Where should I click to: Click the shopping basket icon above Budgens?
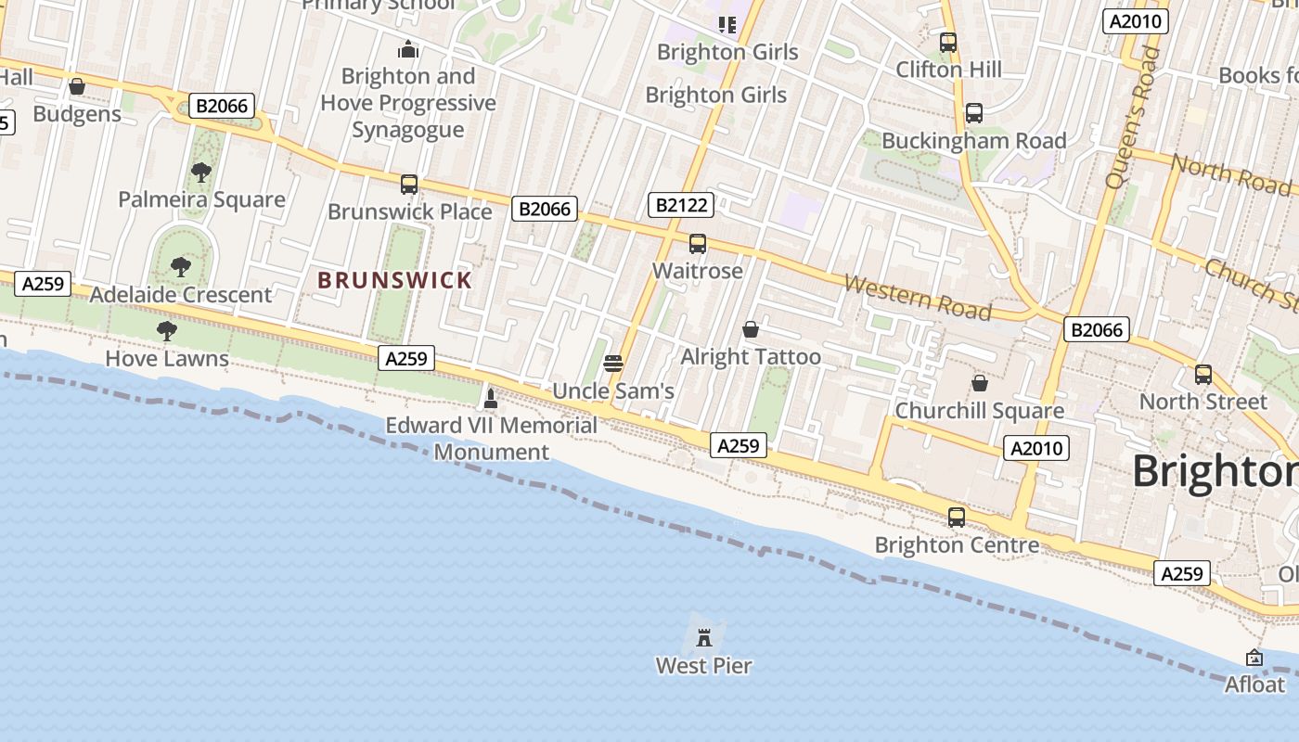click(x=77, y=86)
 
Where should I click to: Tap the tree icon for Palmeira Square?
click(x=200, y=172)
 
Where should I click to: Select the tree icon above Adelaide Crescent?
click(x=181, y=267)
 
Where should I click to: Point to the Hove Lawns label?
click(x=167, y=359)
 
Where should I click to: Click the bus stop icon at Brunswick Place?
click(x=409, y=184)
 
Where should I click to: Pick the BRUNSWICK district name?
click(x=395, y=280)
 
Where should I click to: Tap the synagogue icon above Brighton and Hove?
click(x=408, y=49)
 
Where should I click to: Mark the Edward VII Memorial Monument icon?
click(x=491, y=399)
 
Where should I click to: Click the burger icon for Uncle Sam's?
click(x=612, y=364)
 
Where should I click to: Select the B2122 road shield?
click(x=681, y=205)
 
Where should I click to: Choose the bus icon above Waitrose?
click(x=698, y=244)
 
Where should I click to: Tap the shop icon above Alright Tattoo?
click(x=751, y=329)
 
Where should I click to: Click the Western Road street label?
click(x=917, y=297)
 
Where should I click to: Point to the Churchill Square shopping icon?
click(x=979, y=383)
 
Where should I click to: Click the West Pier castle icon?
click(x=704, y=637)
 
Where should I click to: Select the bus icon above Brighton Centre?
click(x=957, y=518)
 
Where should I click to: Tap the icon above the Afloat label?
click(x=1254, y=658)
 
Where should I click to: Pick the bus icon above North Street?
click(x=1203, y=375)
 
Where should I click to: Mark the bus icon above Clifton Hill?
click(x=948, y=43)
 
